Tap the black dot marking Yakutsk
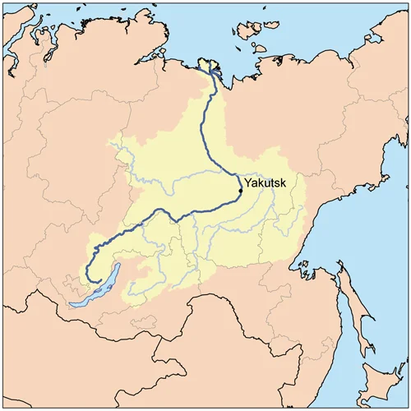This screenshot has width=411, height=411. tap(240, 191)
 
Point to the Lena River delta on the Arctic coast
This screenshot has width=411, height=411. tap(213, 67)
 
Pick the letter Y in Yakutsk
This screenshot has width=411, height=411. tap(248, 183)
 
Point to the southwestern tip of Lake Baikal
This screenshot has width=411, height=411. tap(72, 304)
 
